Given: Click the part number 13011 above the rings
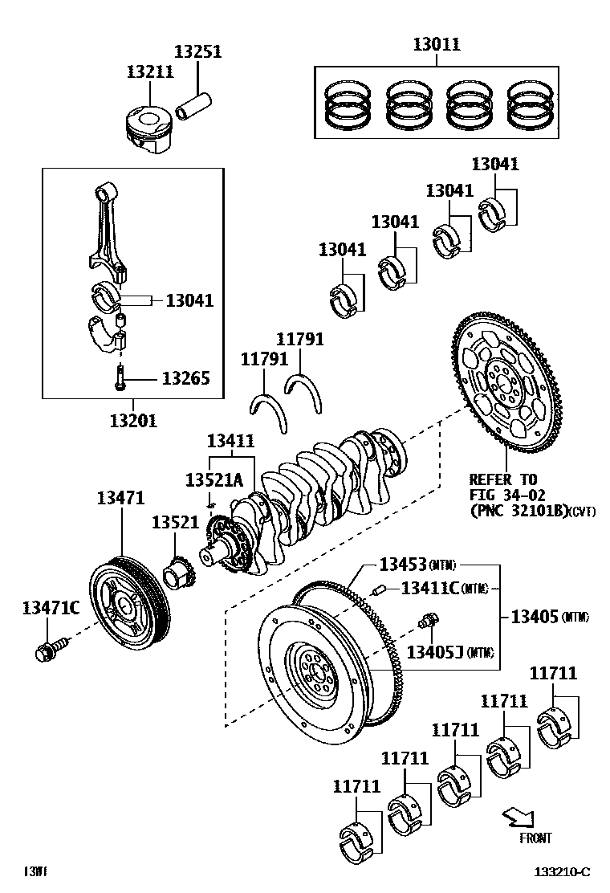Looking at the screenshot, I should tap(437, 44).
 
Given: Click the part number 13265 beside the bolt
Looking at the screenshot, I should tap(186, 377).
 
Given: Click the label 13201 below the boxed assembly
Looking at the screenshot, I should tap(133, 420).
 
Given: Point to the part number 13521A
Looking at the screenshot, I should tap(213, 479).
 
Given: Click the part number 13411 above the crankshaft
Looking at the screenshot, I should tap(230, 441).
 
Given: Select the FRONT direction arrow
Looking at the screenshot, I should tap(517, 818).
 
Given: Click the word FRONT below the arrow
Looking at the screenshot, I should tap(535, 838).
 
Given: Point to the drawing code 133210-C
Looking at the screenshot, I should tap(563, 872).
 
